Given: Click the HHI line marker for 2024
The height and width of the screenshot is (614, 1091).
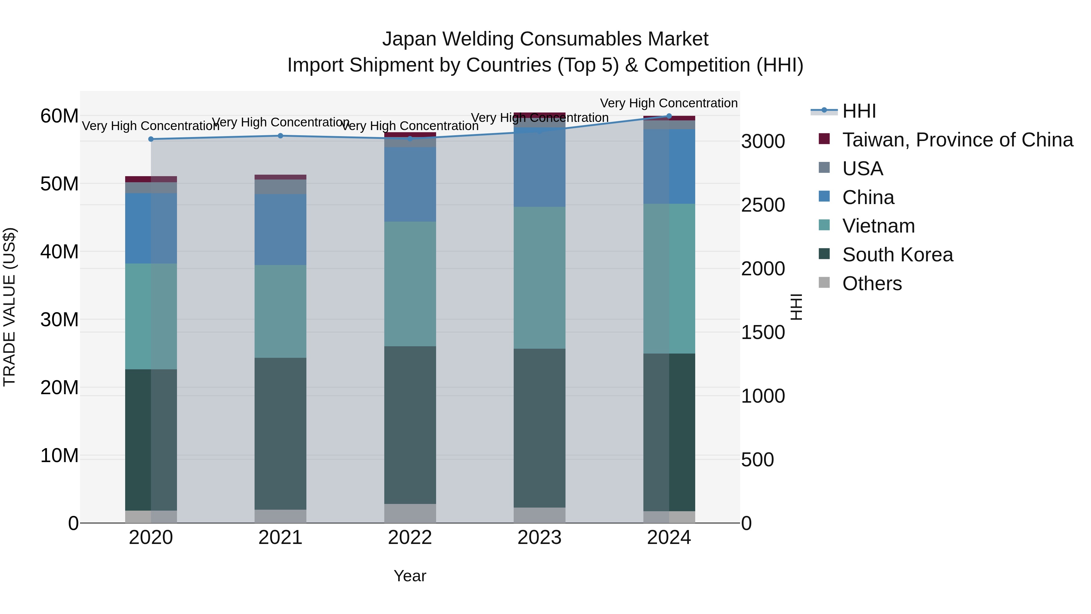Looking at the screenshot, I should click(x=669, y=116).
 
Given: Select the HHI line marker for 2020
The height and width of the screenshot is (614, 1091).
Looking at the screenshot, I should click(x=151, y=139).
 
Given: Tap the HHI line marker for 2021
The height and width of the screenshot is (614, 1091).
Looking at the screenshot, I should click(x=280, y=136).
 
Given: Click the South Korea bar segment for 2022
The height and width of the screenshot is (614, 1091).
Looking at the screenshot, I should click(x=410, y=425).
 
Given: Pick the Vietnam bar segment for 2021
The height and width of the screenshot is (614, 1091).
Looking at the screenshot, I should click(x=280, y=311).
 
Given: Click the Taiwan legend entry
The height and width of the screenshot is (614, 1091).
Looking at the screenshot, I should click(x=957, y=140).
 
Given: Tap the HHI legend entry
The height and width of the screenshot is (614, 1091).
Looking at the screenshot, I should click(x=859, y=111).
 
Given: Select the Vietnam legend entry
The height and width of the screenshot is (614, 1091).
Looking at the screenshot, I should click(x=878, y=226).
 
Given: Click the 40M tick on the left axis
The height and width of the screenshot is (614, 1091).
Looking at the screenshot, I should click(x=59, y=252).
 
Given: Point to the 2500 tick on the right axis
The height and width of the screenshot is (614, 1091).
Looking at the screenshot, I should click(x=763, y=205).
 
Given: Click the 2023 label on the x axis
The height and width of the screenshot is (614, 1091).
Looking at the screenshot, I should click(x=539, y=538).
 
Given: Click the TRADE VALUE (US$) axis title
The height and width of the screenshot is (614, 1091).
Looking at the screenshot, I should click(x=9, y=307).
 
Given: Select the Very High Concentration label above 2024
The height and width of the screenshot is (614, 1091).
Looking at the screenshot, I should click(x=669, y=103).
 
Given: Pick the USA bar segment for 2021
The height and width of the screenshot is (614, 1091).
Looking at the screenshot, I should click(x=280, y=187).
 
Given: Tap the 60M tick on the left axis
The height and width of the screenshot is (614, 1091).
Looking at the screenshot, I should click(x=59, y=116).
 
